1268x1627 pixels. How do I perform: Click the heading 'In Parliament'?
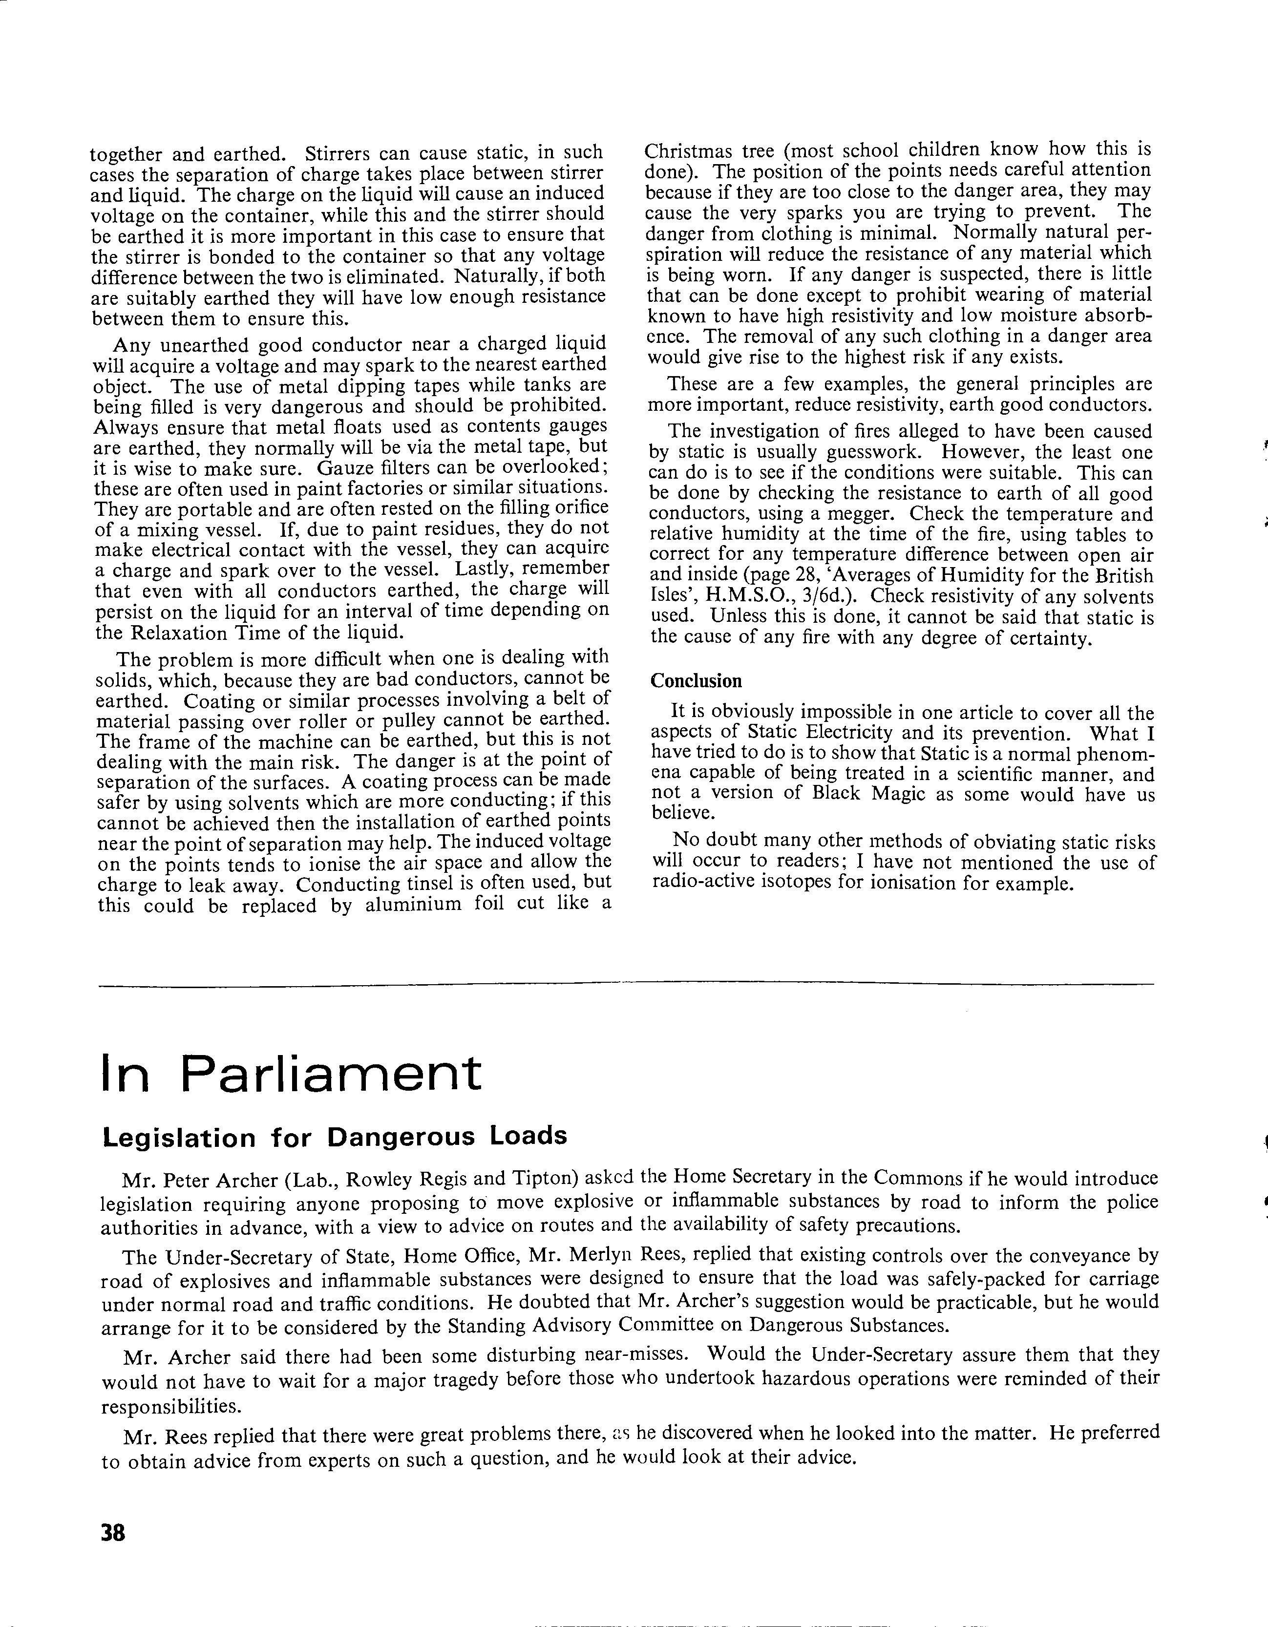coord(291,1074)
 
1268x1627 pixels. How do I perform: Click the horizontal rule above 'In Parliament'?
coord(626,985)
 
